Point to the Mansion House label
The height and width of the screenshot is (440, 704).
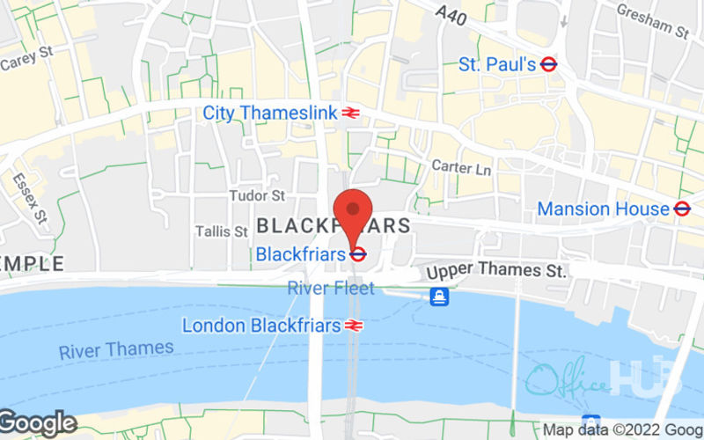(603, 209)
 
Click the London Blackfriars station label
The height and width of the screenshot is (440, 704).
(261, 325)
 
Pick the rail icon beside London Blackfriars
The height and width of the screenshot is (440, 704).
(355, 325)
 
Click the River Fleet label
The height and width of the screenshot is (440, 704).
(331, 288)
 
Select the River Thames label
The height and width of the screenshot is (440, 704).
(116, 349)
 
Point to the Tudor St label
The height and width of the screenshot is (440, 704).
(257, 194)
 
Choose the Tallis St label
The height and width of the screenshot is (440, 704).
(221, 231)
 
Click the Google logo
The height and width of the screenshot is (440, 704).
(39, 423)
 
